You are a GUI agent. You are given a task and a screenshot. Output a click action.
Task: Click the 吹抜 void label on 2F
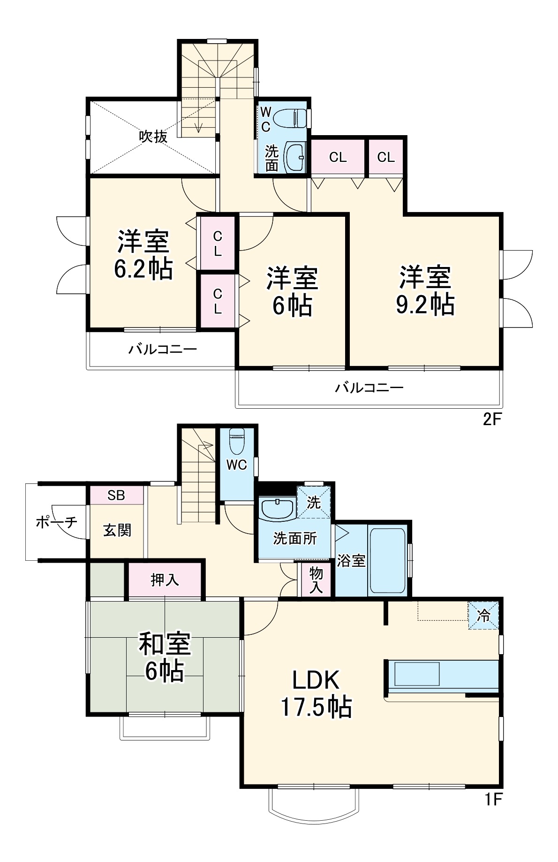coord(153,137)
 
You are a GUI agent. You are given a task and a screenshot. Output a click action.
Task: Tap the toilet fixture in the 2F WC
coord(291,118)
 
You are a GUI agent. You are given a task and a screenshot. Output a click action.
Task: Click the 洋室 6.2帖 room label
coord(143,255)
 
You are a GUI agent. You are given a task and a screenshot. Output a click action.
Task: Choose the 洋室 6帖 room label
coord(292,291)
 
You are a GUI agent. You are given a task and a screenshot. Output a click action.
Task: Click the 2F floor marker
coord(492,419)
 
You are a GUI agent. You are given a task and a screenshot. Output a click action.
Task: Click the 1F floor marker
coord(493,799)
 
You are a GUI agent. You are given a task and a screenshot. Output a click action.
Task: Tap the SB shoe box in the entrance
coord(116,496)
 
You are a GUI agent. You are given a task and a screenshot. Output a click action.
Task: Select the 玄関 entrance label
coord(117,530)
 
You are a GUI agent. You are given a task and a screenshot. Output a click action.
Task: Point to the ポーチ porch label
coord(56,522)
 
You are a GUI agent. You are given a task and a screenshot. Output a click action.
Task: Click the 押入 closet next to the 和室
coord(165,580)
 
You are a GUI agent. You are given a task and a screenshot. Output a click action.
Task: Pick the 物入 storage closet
coord(316,580)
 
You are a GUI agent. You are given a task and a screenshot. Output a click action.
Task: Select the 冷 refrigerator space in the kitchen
coord(483,616)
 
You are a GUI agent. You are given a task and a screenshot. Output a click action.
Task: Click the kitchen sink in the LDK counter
coord(417,674)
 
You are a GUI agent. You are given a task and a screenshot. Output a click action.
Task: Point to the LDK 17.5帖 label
coord(316,694)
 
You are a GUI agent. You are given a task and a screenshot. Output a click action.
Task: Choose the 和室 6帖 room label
coord(164,657)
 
